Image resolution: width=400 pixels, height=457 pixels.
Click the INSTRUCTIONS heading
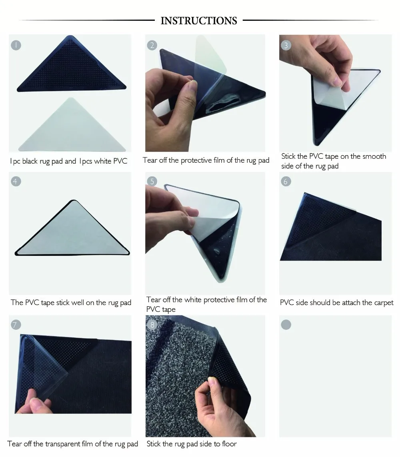(199, 21)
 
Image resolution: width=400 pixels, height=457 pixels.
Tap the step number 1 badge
(16, 45)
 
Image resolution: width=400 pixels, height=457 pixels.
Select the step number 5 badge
(152, 181)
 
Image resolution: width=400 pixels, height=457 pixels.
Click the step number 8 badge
(152, 324)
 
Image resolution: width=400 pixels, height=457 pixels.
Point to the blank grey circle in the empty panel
(286, 324)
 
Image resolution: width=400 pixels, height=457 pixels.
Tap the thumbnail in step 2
(205, 93)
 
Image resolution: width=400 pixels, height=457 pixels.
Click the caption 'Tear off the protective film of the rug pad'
(206, 161)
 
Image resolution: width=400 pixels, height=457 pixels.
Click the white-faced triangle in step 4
(72, 228)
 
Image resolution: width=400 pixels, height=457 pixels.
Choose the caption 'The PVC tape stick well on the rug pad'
(71, 303)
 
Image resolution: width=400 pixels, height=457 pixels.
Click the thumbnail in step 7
(70, 376)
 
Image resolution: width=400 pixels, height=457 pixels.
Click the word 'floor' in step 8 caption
(229, 444)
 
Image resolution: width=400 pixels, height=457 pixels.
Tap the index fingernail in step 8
(212, 381)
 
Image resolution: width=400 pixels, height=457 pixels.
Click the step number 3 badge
(286, 45)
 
